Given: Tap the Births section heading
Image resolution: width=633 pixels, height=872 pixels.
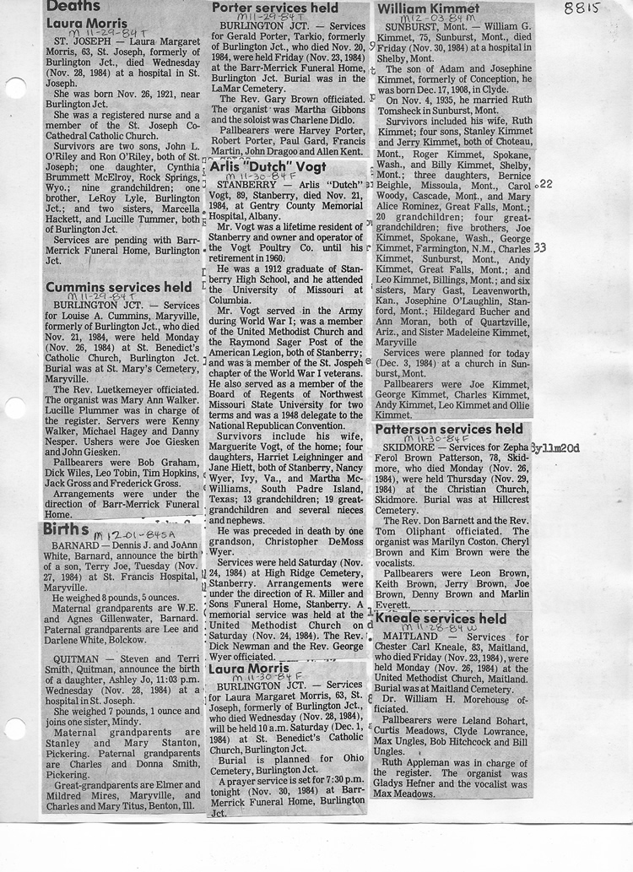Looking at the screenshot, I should coord(67,530).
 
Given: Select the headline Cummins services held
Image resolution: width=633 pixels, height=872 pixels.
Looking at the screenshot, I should coord(118,288).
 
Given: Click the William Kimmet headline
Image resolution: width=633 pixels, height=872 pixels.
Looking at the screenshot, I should coord(428,9).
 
